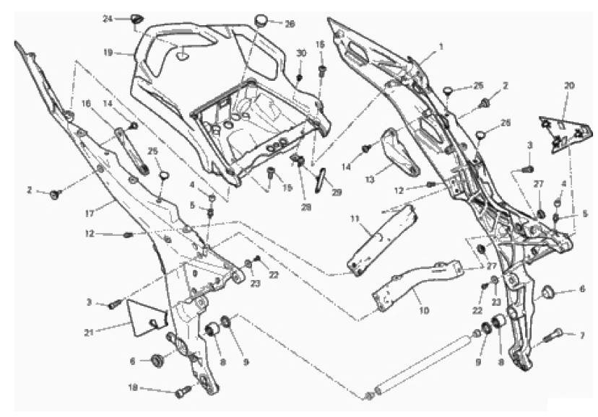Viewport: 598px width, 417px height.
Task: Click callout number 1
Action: coord(441,45)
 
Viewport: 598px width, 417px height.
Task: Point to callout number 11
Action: coord(355,217)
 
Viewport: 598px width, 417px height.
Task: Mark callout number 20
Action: coord(569,86)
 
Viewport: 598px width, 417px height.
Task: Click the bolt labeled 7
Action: coord(552,335)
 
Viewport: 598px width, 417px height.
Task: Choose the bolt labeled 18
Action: coord(180,392)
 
